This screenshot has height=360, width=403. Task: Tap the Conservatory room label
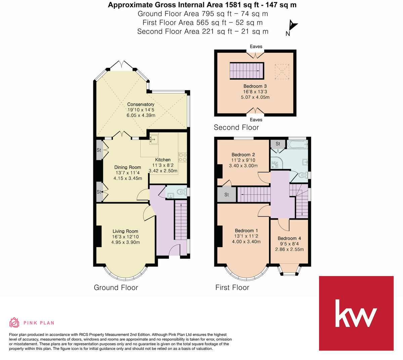point(141,104)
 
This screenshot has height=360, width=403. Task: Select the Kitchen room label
point(163,160)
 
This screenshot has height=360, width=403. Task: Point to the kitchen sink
point(154,139)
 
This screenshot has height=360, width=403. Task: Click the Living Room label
point(125,231)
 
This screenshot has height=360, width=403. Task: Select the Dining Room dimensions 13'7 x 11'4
point(128,173)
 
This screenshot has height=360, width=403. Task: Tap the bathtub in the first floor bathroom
point(297,145)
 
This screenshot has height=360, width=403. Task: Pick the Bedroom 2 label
point(243,155)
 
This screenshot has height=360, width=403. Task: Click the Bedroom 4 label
point(289,238)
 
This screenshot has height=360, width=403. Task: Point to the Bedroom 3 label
point(255,86)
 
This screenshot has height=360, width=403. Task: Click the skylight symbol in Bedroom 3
point(281,71)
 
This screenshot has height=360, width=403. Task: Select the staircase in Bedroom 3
point(246,71)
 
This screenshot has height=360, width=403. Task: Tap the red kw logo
point(356,313)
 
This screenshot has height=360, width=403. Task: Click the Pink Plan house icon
point(14,323)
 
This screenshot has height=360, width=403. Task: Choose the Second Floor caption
point(236,128)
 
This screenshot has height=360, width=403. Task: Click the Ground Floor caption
point(116,287)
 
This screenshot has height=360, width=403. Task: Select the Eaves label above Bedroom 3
point(256,47)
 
